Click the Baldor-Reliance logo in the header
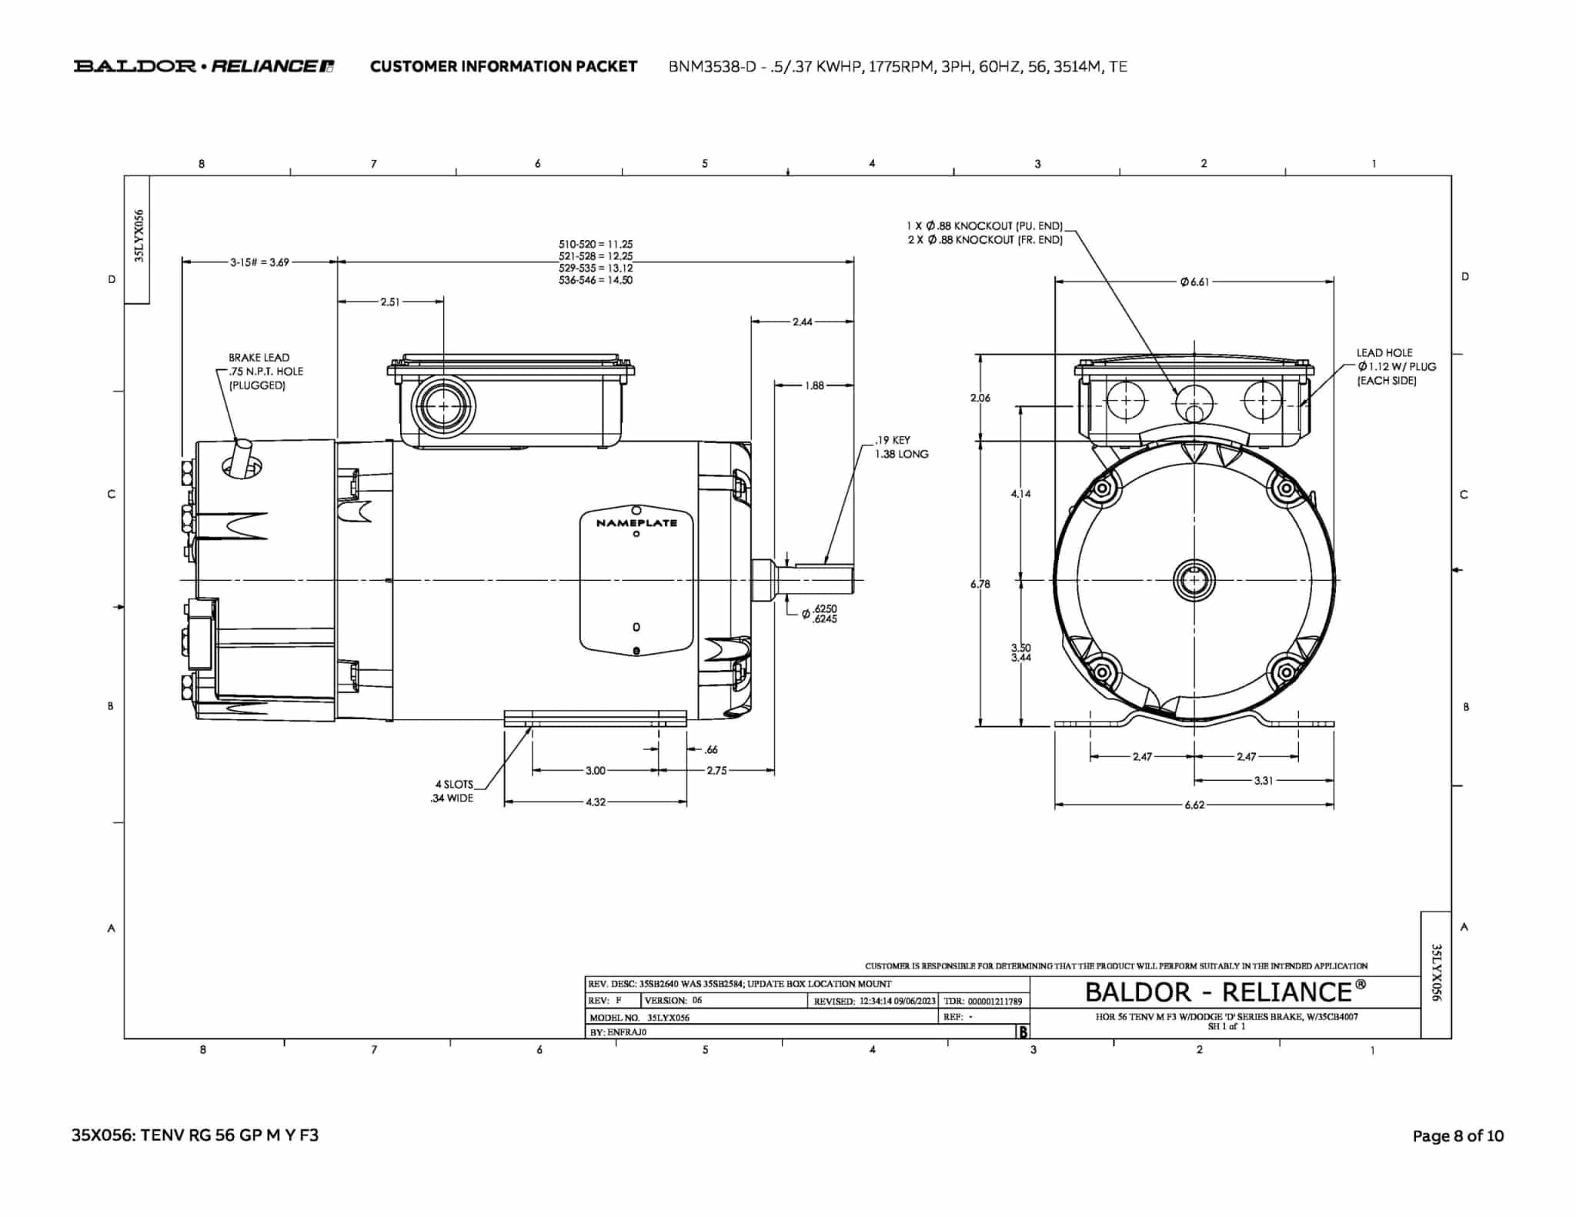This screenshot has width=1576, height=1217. tap(204, 66)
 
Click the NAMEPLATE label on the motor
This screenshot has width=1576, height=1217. tap(636, 523)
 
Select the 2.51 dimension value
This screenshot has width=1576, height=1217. tap(390, 302)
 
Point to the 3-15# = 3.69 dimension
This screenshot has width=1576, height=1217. tap(260, 262)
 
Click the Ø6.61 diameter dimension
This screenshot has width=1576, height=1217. tap(1194, 282)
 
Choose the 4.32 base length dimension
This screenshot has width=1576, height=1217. tap(596, 802)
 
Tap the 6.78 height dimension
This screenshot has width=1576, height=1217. tap(980, 584)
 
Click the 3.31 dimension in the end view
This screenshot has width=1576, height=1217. tap(1263, 780)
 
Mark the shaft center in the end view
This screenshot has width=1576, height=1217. tap(1194, 580)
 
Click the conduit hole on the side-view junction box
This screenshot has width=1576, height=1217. tap(443, 405)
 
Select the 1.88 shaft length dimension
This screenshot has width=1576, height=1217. tap(814, 385)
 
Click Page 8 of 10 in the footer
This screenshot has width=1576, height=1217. tap(1457, 1135)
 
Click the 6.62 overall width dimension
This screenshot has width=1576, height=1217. tap(1194, 805)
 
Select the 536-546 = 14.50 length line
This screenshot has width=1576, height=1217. tap(596, 281)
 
